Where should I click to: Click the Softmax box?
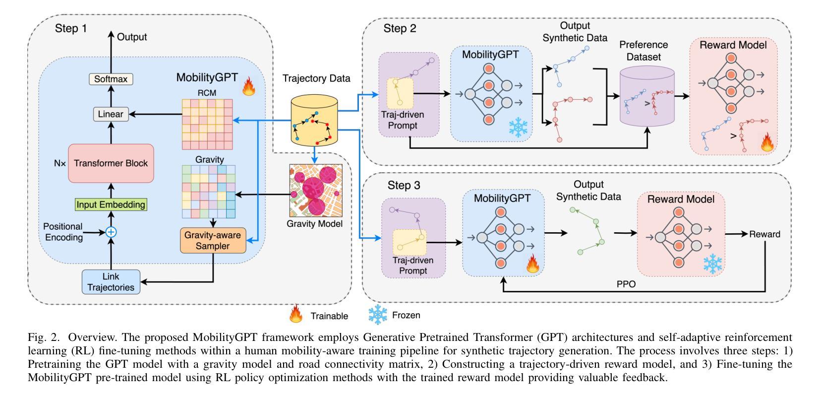(111, 78)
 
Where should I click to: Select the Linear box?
(111, 114)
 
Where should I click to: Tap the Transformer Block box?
(111, 163)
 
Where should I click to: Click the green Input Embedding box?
(111, 204)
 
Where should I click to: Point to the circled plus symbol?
(111, 232)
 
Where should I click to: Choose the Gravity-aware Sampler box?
(213, 240)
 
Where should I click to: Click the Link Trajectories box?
(111, 282)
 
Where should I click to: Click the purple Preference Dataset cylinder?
(647, 97)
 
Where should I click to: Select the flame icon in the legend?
(296, 315)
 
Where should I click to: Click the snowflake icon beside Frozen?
(377, 315)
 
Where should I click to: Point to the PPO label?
(626, 284)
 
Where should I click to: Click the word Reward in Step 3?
(764, 234)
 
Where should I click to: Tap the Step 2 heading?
(400, 28)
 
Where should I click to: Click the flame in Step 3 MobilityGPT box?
(532, 265)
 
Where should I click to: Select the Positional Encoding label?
(63, 232)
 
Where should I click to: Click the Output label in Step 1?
(132, 37)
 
